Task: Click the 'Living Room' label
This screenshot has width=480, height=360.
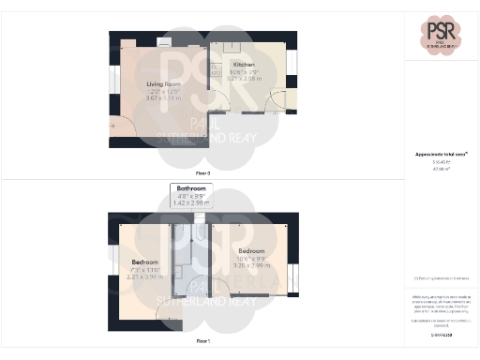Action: (162, 84)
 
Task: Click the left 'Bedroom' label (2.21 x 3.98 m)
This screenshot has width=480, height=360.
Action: (144, 262)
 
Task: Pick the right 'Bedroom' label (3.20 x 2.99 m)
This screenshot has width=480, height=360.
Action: (251, 251)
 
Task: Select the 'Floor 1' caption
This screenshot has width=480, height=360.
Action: (202, 341)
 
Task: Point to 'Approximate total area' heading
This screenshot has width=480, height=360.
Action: (441, 154)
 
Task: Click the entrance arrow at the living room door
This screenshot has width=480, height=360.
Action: (114, 125)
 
